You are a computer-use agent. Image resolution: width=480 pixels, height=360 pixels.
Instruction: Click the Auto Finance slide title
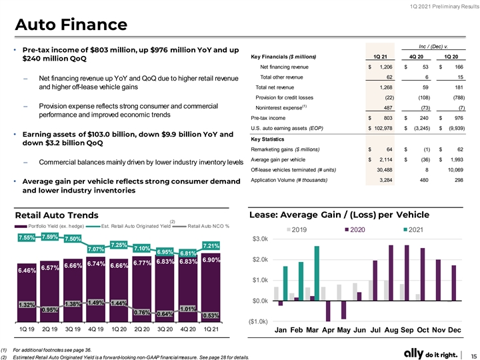point(71,25)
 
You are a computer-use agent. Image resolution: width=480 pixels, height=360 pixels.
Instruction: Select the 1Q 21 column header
point(380,57)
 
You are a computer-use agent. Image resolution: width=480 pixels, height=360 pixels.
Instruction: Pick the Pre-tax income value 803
point(387,118)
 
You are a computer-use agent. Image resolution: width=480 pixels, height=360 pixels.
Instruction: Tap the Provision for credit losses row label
point(285,97)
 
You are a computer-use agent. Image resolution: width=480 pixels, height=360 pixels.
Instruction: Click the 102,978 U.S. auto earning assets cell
point(383,128)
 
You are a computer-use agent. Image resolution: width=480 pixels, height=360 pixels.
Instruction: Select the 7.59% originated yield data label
point(49,237)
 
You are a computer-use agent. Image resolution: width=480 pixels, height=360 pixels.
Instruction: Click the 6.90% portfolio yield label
point(211,260)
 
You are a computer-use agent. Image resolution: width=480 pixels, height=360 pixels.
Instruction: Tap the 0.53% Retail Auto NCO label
point(211,315)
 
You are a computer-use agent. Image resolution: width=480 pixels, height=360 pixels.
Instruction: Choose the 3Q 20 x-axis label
point(165,329)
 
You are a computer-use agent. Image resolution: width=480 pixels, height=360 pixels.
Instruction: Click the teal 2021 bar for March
point(317,273)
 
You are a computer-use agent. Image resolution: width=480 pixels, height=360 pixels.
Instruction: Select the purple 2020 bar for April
point(328,311)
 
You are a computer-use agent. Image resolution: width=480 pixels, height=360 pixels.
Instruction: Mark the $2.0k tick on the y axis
point(260,259)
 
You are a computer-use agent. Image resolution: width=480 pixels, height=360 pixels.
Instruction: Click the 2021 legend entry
point(413,229)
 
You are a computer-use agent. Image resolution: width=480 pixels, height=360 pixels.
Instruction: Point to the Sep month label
point(407,330)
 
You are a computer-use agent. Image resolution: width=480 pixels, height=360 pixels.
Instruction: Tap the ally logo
point(413,353)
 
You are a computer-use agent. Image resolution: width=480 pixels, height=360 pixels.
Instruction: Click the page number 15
point(473,356)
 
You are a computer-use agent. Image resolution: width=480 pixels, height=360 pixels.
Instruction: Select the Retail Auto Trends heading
point(57,215)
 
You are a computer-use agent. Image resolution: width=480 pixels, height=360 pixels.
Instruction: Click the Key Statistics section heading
point(267,139)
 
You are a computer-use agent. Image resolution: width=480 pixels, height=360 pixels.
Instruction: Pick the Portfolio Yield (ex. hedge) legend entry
point(49,226)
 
